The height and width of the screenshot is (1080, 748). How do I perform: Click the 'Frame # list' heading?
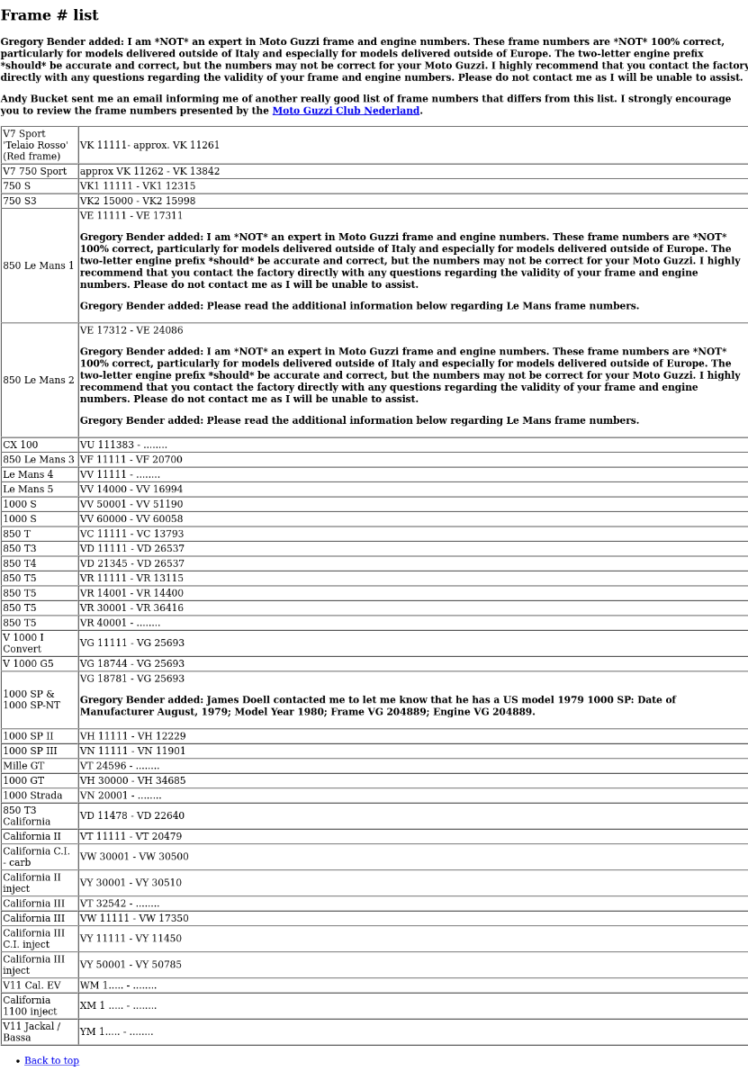(x=50, y=15)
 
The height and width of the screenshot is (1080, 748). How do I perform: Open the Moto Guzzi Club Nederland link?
(x=346, y=111)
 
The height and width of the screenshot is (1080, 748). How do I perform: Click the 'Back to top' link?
(x=51, y=1060)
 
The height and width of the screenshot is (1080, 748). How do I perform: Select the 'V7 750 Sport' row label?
(x=35, y=171)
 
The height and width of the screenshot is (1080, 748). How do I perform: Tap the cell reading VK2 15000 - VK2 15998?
(x=138, y=201)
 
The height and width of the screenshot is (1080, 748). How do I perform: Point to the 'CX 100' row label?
(x=21, y=445)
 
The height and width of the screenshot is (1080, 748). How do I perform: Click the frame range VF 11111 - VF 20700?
(x=131, y=460)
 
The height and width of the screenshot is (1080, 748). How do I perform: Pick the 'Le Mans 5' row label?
(x=28, y=490)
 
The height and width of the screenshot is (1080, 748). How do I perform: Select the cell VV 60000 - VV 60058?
(x=131, y=519)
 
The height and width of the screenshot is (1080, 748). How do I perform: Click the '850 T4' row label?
(x=20, y=563)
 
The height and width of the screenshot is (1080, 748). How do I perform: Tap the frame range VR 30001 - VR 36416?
(x=131, y=608)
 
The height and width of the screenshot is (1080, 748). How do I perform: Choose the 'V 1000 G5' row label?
(x=28, y=664)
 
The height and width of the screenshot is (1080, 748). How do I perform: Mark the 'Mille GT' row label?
(x=23, y=766)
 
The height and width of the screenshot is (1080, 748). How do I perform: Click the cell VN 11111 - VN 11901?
(x=133, y=751)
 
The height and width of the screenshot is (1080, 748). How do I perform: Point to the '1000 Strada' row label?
(x=32, y=796)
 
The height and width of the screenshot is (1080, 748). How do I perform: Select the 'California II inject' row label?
(x=32, y=883)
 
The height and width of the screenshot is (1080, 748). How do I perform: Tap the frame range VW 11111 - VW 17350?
(x=134, y=919)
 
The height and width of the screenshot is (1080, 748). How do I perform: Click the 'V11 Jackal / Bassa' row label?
(x=32, y=1032)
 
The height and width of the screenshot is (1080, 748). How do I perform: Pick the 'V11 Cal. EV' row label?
(x=32, y=985)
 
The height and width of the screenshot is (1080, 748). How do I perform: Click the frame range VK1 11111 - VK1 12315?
(x=138, y=186)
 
